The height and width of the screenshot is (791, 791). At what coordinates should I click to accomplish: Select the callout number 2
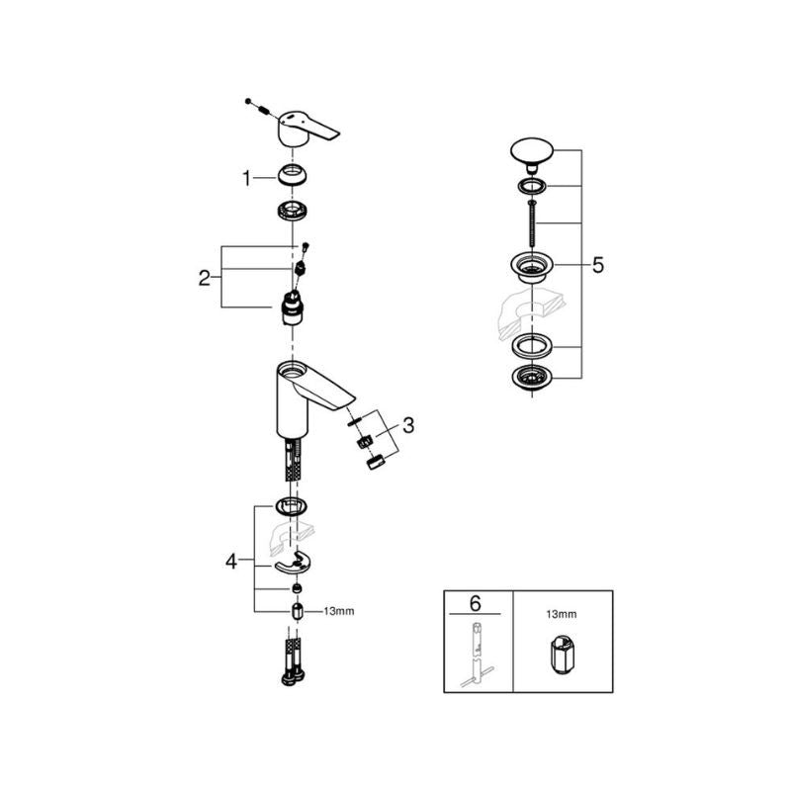click(205, 277)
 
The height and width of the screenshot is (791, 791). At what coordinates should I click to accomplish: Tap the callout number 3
click(408, 426)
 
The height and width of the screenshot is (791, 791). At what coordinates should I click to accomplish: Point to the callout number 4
click(231, 562)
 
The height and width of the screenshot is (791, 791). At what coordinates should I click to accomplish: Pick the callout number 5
click(598, 265)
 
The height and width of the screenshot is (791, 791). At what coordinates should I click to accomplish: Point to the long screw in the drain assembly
click(532, 222)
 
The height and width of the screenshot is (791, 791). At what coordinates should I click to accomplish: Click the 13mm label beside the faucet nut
click(337, 612)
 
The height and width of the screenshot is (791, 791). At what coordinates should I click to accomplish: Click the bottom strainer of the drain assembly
click(531, 378)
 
